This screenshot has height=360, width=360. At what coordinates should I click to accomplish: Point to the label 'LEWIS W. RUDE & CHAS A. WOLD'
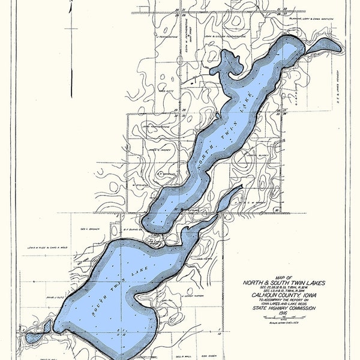pyautogui.click(x=46, y=247)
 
